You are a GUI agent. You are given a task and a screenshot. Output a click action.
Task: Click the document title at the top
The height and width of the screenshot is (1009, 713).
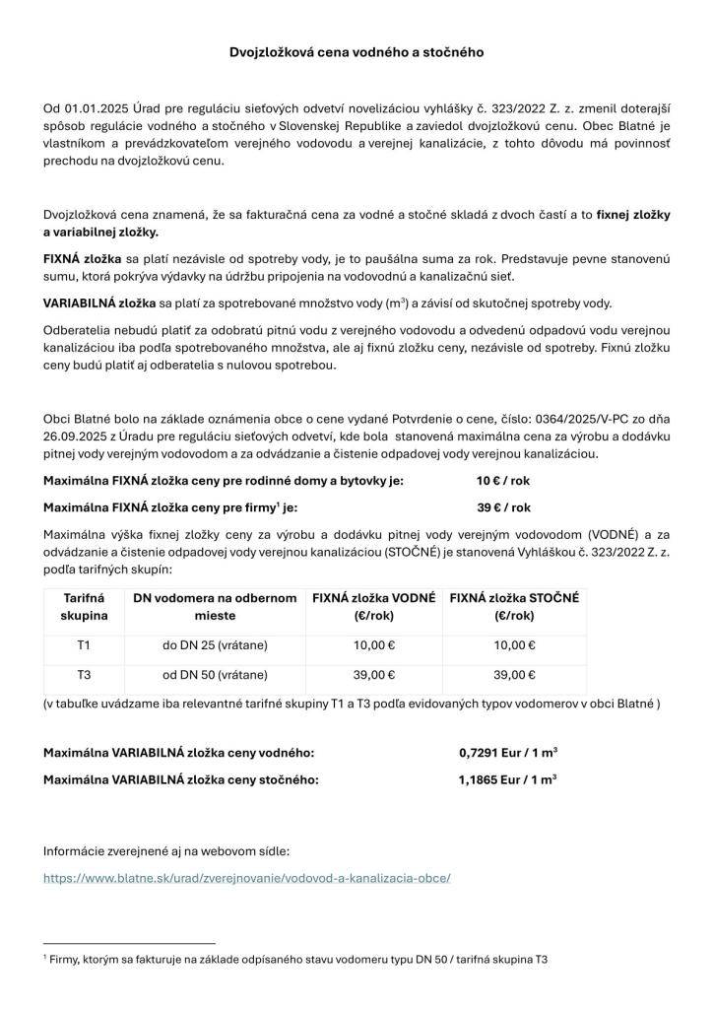[x=356, y=50]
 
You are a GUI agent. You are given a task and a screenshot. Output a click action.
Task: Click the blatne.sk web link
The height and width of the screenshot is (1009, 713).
[x=247, y=876]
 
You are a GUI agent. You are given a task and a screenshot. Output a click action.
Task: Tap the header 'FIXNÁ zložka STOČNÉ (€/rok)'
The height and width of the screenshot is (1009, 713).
[x=514, y=606]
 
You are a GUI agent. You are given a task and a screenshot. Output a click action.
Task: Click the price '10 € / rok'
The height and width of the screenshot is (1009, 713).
[x=503, y=481]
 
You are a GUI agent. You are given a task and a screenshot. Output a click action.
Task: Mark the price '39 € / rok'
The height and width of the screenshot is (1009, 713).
[x=503, y=507]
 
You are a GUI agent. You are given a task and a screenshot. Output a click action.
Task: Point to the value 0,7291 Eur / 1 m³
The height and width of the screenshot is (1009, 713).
[x=508, y=753]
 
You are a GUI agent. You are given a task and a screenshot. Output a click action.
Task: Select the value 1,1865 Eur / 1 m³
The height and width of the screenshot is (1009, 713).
[x=508, y=778]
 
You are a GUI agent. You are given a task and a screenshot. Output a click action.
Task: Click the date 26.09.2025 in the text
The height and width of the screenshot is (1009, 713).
[x=76, y=437]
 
